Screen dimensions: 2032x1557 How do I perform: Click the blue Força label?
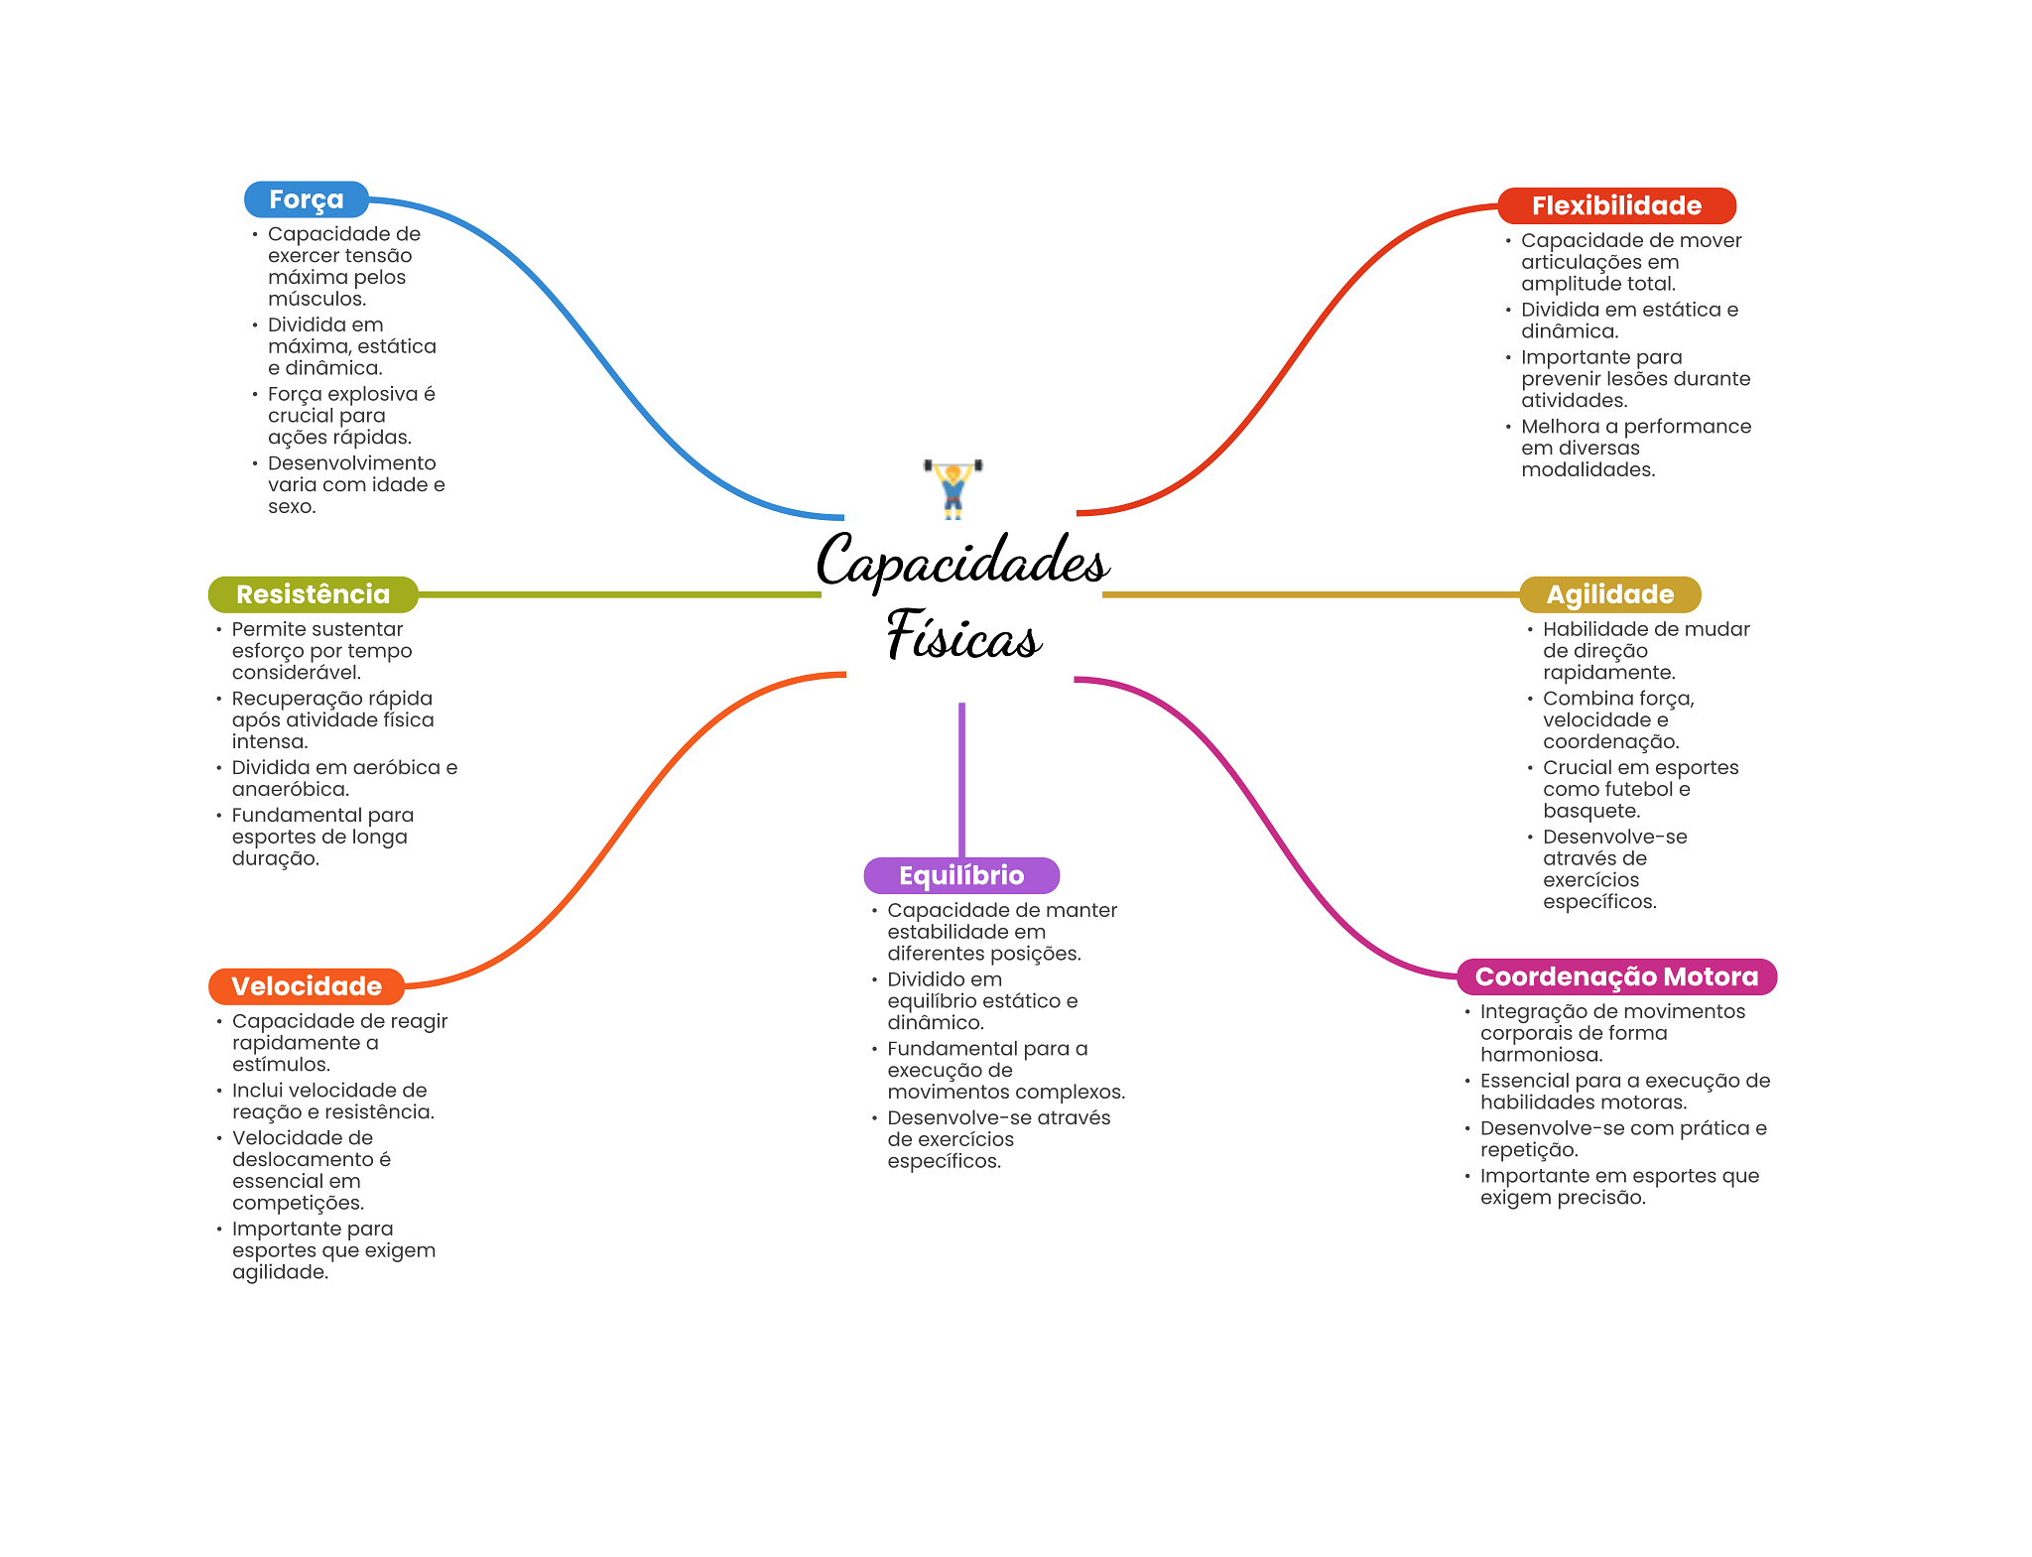click(x=306, y=199)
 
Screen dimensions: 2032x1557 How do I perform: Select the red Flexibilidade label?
click(x=1616, y=205)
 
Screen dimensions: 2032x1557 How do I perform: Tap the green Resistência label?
click(x=313, y=594)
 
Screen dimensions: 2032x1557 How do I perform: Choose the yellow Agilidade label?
click(x=1609, y=594)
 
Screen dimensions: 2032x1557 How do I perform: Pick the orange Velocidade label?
click(x=306, y=986)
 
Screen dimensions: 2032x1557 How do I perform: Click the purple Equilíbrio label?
click(x=961, y=875)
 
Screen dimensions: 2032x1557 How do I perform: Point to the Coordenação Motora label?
click(x=1616, y=976)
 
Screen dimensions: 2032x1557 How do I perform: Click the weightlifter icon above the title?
click(x=952, y=488)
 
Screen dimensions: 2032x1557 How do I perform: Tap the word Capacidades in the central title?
click(x=962, y=561)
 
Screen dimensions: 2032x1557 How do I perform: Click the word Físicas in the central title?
click(x=963, y=634)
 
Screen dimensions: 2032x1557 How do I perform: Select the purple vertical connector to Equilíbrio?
click(x=961, y=780)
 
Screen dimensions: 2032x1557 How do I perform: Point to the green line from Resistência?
click(x=619, y=594)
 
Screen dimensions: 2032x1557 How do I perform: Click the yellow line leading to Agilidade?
click(x=1311, y=594)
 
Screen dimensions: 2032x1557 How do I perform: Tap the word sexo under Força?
click(x=291, y=507)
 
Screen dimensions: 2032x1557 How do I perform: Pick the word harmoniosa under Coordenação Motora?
click(x=1540, y=1055)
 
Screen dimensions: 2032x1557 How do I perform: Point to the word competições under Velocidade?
click(x=297, y=1204)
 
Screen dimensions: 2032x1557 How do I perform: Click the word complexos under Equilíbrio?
click(x=1075, y=1093)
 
